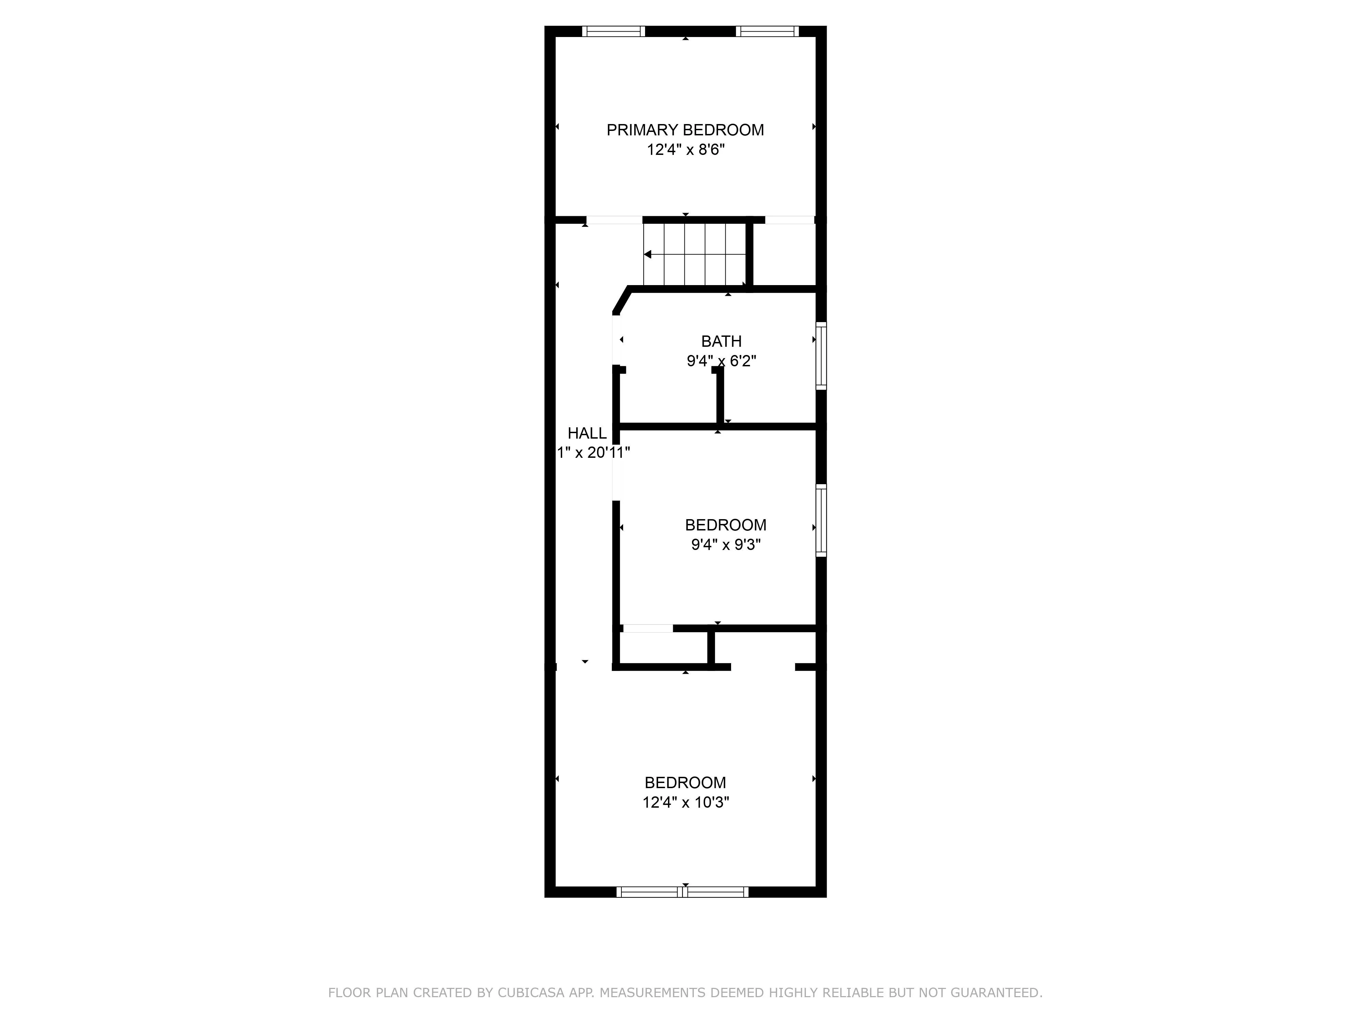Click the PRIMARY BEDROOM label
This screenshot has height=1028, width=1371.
click(685, 130)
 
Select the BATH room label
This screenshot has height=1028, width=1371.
click(721, 341)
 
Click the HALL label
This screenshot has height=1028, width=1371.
click(587, 433)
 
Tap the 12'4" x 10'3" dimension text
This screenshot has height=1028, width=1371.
click(685, 803)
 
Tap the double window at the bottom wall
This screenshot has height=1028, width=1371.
click(682, 892)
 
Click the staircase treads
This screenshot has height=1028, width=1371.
click(694, 254)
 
